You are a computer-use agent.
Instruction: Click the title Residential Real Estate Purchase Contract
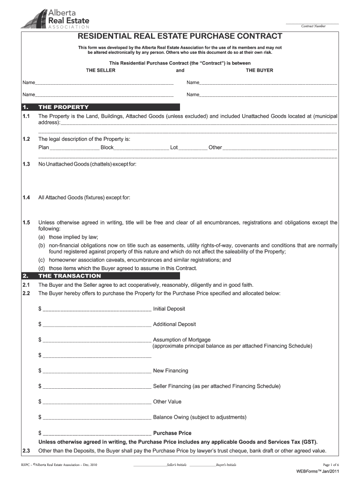pos(180,36)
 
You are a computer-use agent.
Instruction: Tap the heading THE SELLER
pos(101,70)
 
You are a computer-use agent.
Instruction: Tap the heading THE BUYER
pos(259,70)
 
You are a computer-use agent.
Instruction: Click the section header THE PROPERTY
pos(63,107)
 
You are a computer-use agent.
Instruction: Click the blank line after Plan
pos(74,148)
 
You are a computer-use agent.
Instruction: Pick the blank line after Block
pos(141,148)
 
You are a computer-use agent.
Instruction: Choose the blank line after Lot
pos(193,148)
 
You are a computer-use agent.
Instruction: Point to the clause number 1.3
pos(26,164)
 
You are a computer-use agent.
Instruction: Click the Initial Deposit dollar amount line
pos(97,309)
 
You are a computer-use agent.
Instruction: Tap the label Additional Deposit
pos(174,324)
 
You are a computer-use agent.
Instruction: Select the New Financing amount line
pos(97,371)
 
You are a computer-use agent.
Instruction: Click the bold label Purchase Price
pos(172,433)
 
